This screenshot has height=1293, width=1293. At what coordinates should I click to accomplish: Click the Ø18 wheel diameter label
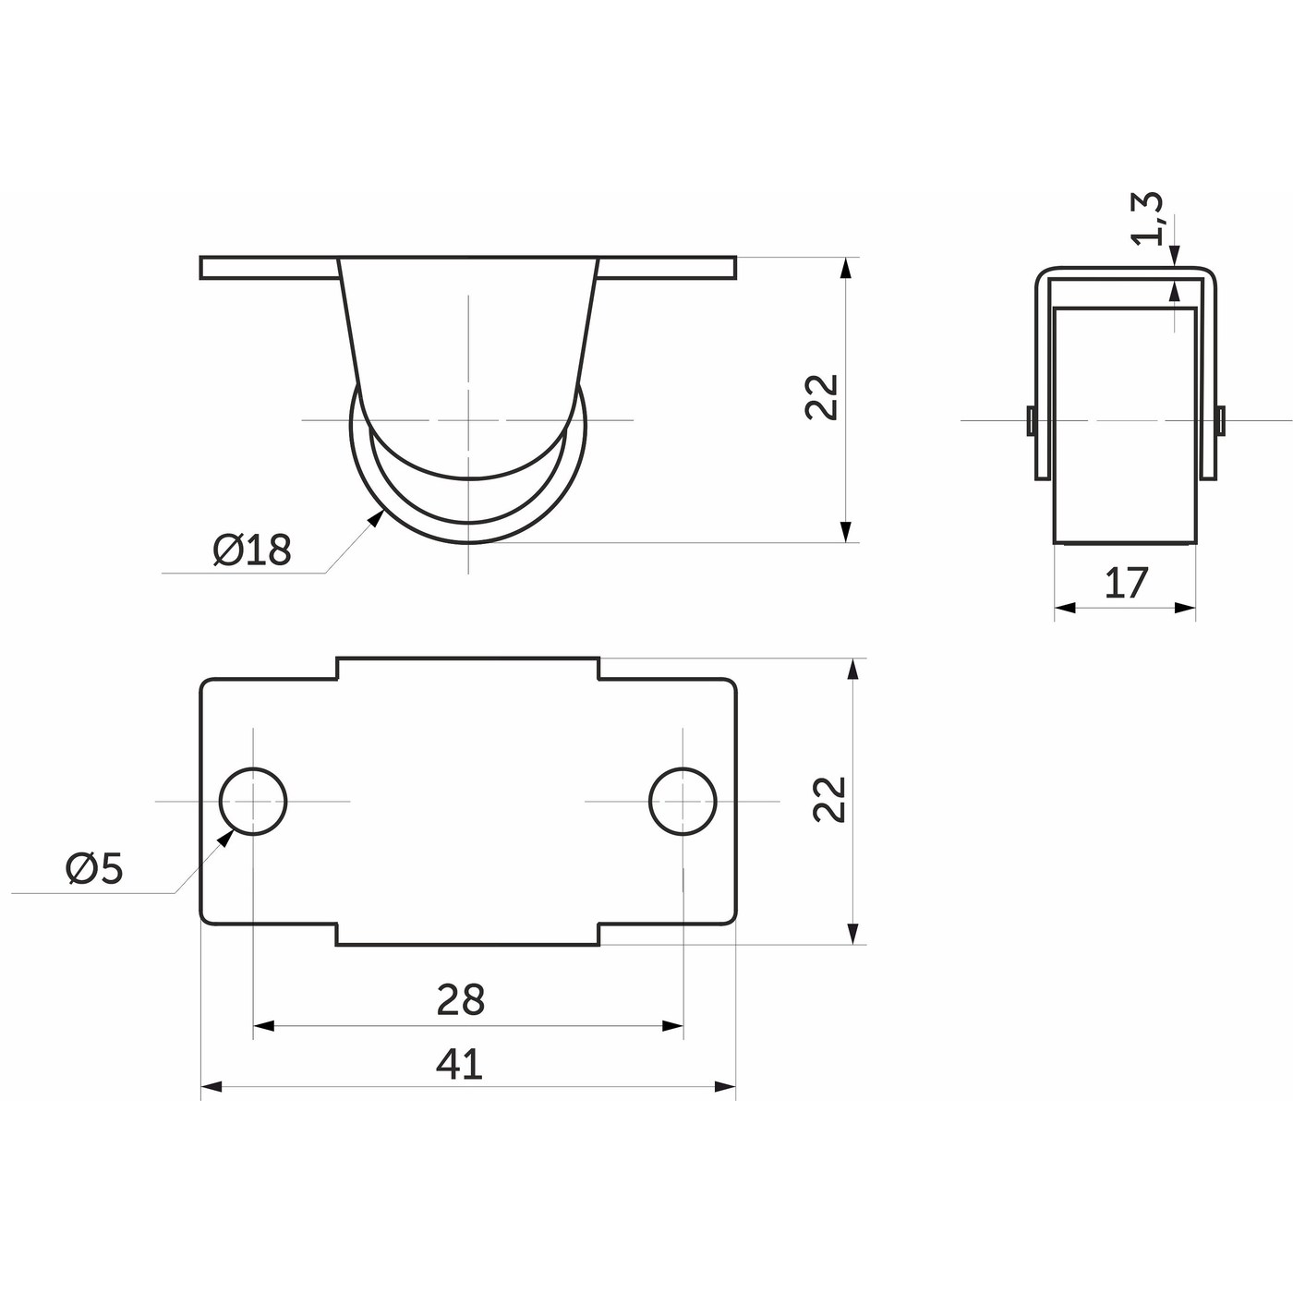click(251, 550)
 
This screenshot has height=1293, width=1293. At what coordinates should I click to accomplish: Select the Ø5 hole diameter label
click(94, 870)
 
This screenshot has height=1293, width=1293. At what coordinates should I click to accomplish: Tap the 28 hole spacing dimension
click(460, 1000)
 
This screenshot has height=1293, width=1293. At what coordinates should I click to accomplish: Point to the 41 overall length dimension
click(459, 1064)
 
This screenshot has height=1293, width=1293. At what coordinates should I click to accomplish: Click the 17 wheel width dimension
click(1126, 583)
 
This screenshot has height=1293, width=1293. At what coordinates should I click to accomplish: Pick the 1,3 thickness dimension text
click(1146, 219)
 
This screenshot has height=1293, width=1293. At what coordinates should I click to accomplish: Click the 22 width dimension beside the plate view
click(829, 800)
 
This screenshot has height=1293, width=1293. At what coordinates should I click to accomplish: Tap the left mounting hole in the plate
click(253, 801)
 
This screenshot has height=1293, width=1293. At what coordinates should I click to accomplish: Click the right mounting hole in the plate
click(683, 801)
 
